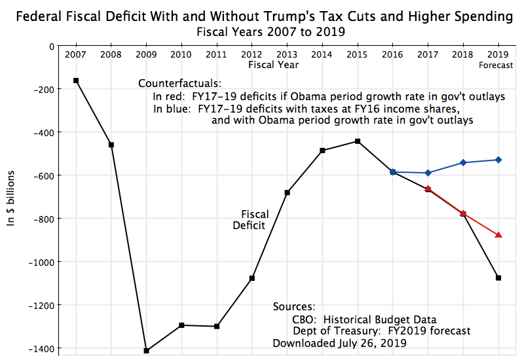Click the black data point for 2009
(146, 351)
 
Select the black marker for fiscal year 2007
(76, 81)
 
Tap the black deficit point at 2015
(358, 141)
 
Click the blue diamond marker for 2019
(498, 160)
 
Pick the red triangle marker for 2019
(498, 234)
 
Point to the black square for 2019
(498, 278)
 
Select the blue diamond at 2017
(428, 173)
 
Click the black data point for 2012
(252, 278)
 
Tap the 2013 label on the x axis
(287, 54)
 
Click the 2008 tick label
(111, 54)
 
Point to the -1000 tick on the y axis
(41, 262)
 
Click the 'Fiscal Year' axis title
(274, 65)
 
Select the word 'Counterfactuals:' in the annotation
(180, 84)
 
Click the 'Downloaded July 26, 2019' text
(340, 343)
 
